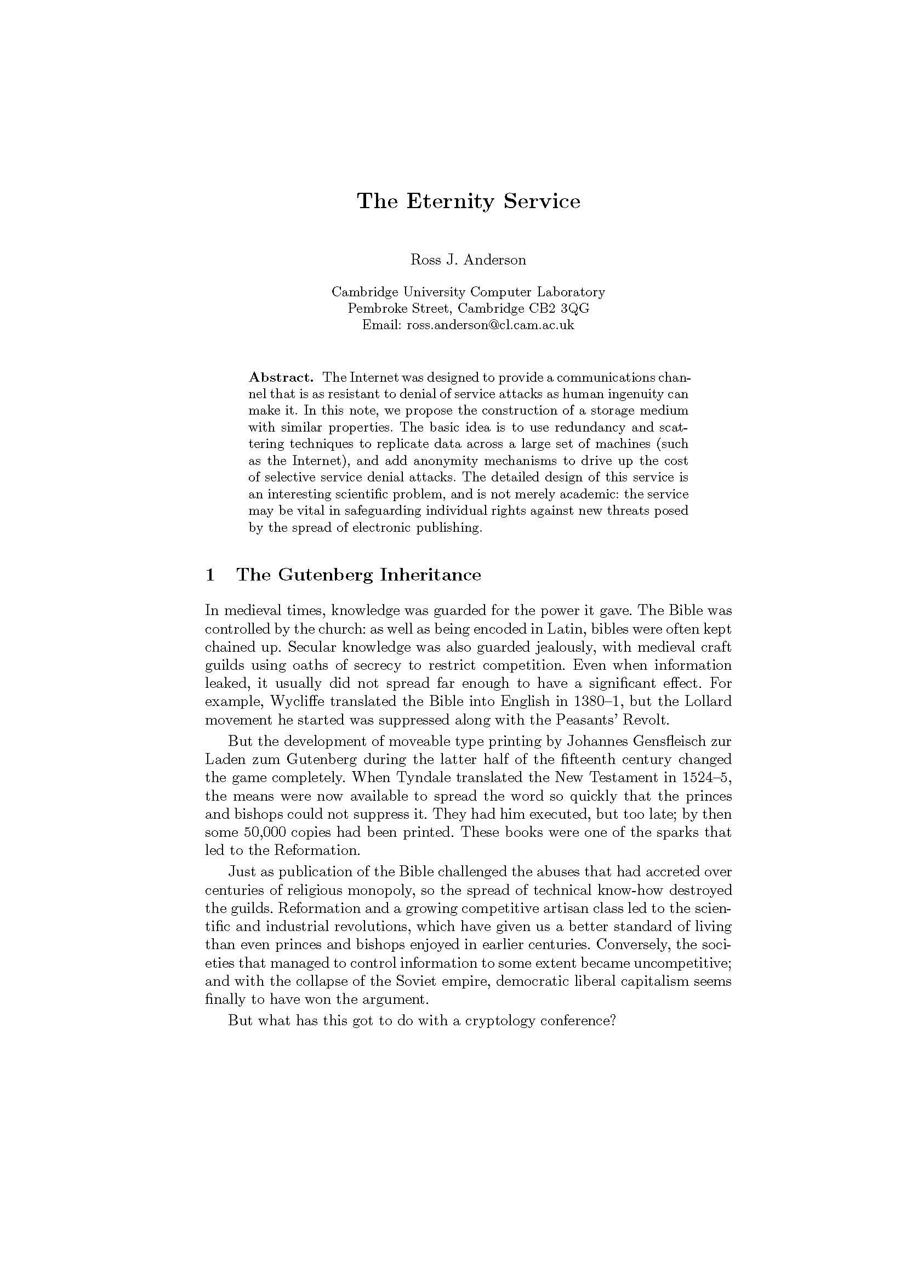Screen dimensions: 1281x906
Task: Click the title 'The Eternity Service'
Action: [x=469, y=201]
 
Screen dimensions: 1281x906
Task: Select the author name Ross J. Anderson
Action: [x=468, y=260]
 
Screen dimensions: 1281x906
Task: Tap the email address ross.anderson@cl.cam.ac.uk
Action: [x=489, y=325]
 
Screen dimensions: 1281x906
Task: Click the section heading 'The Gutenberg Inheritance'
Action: [x=358, y=575]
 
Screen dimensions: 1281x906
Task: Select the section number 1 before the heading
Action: [x=210, y=575]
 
